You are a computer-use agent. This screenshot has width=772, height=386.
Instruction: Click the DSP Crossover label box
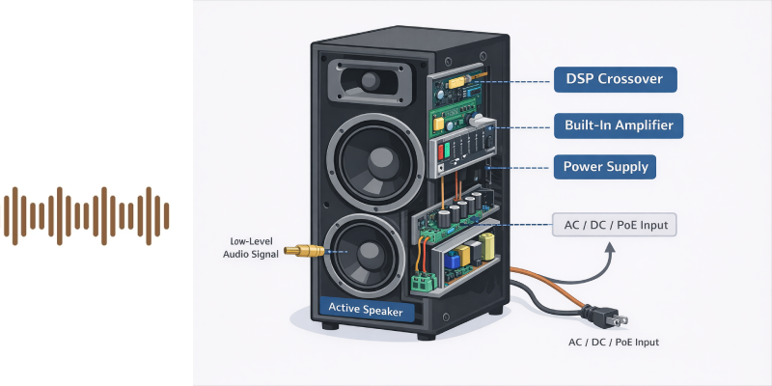click(615, 79)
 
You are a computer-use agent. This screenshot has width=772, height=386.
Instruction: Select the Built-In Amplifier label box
click(619, 125)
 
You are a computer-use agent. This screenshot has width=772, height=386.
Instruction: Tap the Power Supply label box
click(605, 167)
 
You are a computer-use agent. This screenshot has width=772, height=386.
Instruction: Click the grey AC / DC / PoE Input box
click(615, 225)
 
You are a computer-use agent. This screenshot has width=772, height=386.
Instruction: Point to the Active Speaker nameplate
click(367, 310)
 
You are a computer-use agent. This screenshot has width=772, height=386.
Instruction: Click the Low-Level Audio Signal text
click(251, 248)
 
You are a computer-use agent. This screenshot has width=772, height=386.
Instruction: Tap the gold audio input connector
click(304, 251)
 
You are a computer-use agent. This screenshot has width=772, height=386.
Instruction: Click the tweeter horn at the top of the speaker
click(369, 82)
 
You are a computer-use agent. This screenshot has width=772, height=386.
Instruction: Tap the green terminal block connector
click(421, 283)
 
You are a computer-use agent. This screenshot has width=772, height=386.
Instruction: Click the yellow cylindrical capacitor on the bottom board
click(487, 247)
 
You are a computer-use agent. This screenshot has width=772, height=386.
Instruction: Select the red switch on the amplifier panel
click(441, 152)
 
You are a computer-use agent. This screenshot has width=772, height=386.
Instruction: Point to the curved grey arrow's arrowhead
click(611, 247)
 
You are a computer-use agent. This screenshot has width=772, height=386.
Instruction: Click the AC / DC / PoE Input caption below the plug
click(614, 343)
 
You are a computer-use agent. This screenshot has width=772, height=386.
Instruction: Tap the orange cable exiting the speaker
click(546, 285)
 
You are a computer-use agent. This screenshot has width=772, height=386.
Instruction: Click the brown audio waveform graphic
click(86, 215)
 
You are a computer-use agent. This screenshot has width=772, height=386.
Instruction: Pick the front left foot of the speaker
click(330, 326)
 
